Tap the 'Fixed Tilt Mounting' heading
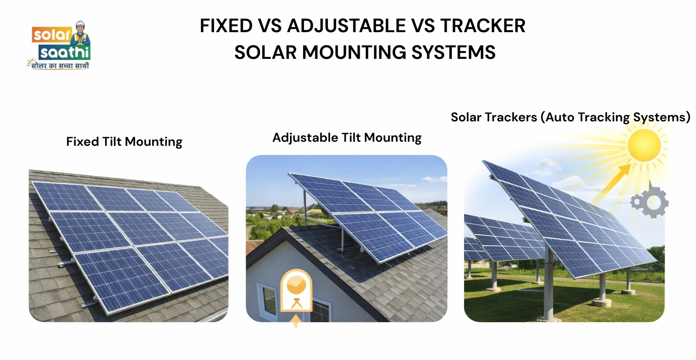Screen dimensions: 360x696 (x=124, y=142)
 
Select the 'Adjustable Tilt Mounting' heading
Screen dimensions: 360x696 (x=347, y=138)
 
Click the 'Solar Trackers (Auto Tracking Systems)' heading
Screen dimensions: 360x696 (x=570, y=117)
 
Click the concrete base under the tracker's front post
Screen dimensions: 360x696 (x=601, y=302)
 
